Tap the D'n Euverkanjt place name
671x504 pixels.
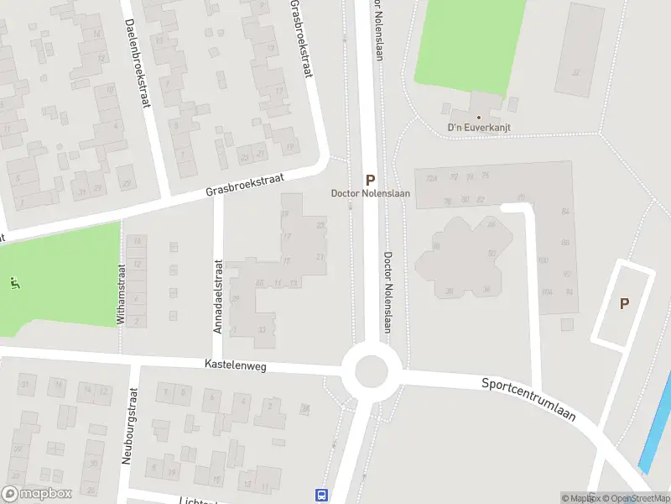(x=479, y=128)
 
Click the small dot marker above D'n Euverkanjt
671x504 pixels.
(x=479, y=118)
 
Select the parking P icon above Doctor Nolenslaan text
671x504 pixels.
(x=370, y=180)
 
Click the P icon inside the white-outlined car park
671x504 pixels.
(x=624, y=303)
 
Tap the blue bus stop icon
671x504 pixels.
(x=321, y=495)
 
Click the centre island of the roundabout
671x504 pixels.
(x=371, y=370)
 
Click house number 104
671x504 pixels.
(x=547, y=291)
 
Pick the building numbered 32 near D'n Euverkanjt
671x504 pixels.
(x=575, y=72)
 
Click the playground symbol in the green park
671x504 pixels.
(x=13, y=283)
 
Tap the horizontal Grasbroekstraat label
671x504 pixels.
(x=245, y=186)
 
